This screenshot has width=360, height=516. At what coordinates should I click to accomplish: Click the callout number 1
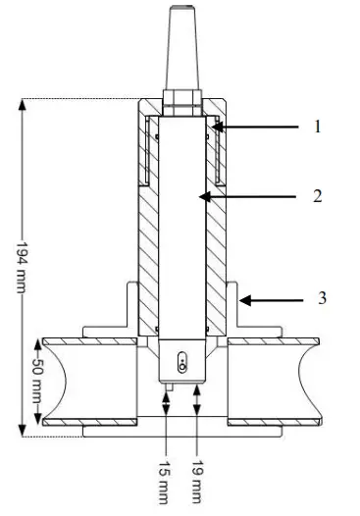click(x=318, y=127)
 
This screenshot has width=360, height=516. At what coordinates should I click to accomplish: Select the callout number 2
click(x=318, y=195)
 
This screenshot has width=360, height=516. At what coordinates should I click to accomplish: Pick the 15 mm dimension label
click(x=168, y=480)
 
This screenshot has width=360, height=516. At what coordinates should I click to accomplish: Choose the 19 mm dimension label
click(x=199, y=480)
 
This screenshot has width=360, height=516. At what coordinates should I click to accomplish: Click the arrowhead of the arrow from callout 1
click(x=216, y=127)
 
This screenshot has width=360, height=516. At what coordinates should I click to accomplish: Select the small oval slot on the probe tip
click(x=182, y=365)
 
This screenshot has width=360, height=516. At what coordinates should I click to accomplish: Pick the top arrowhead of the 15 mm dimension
click(x=168, y=392)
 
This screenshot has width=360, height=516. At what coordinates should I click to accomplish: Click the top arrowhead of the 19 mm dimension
click(x=199, y=385)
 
